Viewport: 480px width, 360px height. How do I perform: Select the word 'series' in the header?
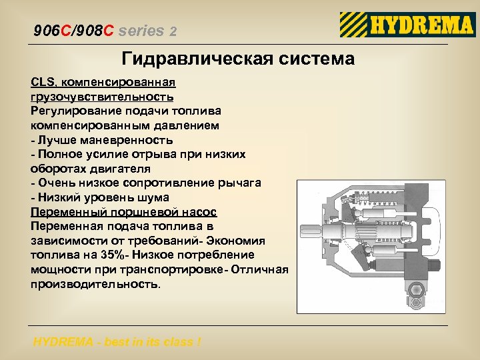143,31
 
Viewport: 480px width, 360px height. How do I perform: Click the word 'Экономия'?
236,241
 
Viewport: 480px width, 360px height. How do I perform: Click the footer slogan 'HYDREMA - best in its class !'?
117,343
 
